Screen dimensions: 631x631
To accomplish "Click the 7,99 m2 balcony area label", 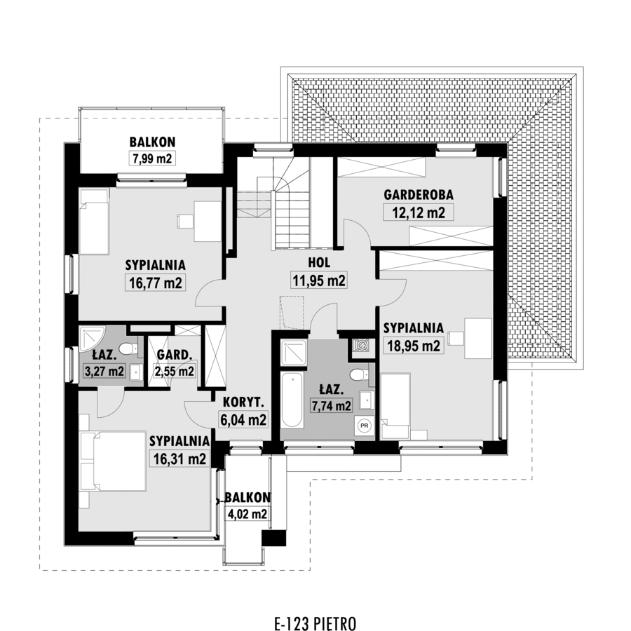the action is click(152, 158).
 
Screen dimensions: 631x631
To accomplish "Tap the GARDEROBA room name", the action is click(419, 195).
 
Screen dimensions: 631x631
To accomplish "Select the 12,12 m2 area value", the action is click(419, 212).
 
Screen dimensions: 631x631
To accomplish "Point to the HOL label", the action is click(319, 263).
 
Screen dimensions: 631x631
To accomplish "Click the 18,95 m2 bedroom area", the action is click(414, 345).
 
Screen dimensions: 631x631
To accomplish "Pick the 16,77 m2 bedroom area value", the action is click(156, 283).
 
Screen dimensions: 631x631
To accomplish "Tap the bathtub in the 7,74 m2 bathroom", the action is click(292, 400).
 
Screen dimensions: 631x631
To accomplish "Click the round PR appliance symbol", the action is click(365, 426).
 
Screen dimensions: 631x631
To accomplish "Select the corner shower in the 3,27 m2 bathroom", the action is click(92, 339).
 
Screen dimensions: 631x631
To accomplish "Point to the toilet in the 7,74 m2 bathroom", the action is click(358, 375).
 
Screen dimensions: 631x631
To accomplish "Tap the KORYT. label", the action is click(243, 402).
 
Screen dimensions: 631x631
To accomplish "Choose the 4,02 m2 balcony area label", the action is click(247, 514).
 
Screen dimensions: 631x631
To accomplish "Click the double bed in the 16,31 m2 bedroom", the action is click(114, 461).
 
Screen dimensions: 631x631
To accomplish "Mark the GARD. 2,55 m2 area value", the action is click(175, 371).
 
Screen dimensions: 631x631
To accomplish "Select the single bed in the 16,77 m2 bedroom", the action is click(94, 222).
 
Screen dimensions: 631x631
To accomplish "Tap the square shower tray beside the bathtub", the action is click(294, 353).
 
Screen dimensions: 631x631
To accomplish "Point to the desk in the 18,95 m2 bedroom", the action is click(478, 338).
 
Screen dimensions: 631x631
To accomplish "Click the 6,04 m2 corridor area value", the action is click(243, 420).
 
